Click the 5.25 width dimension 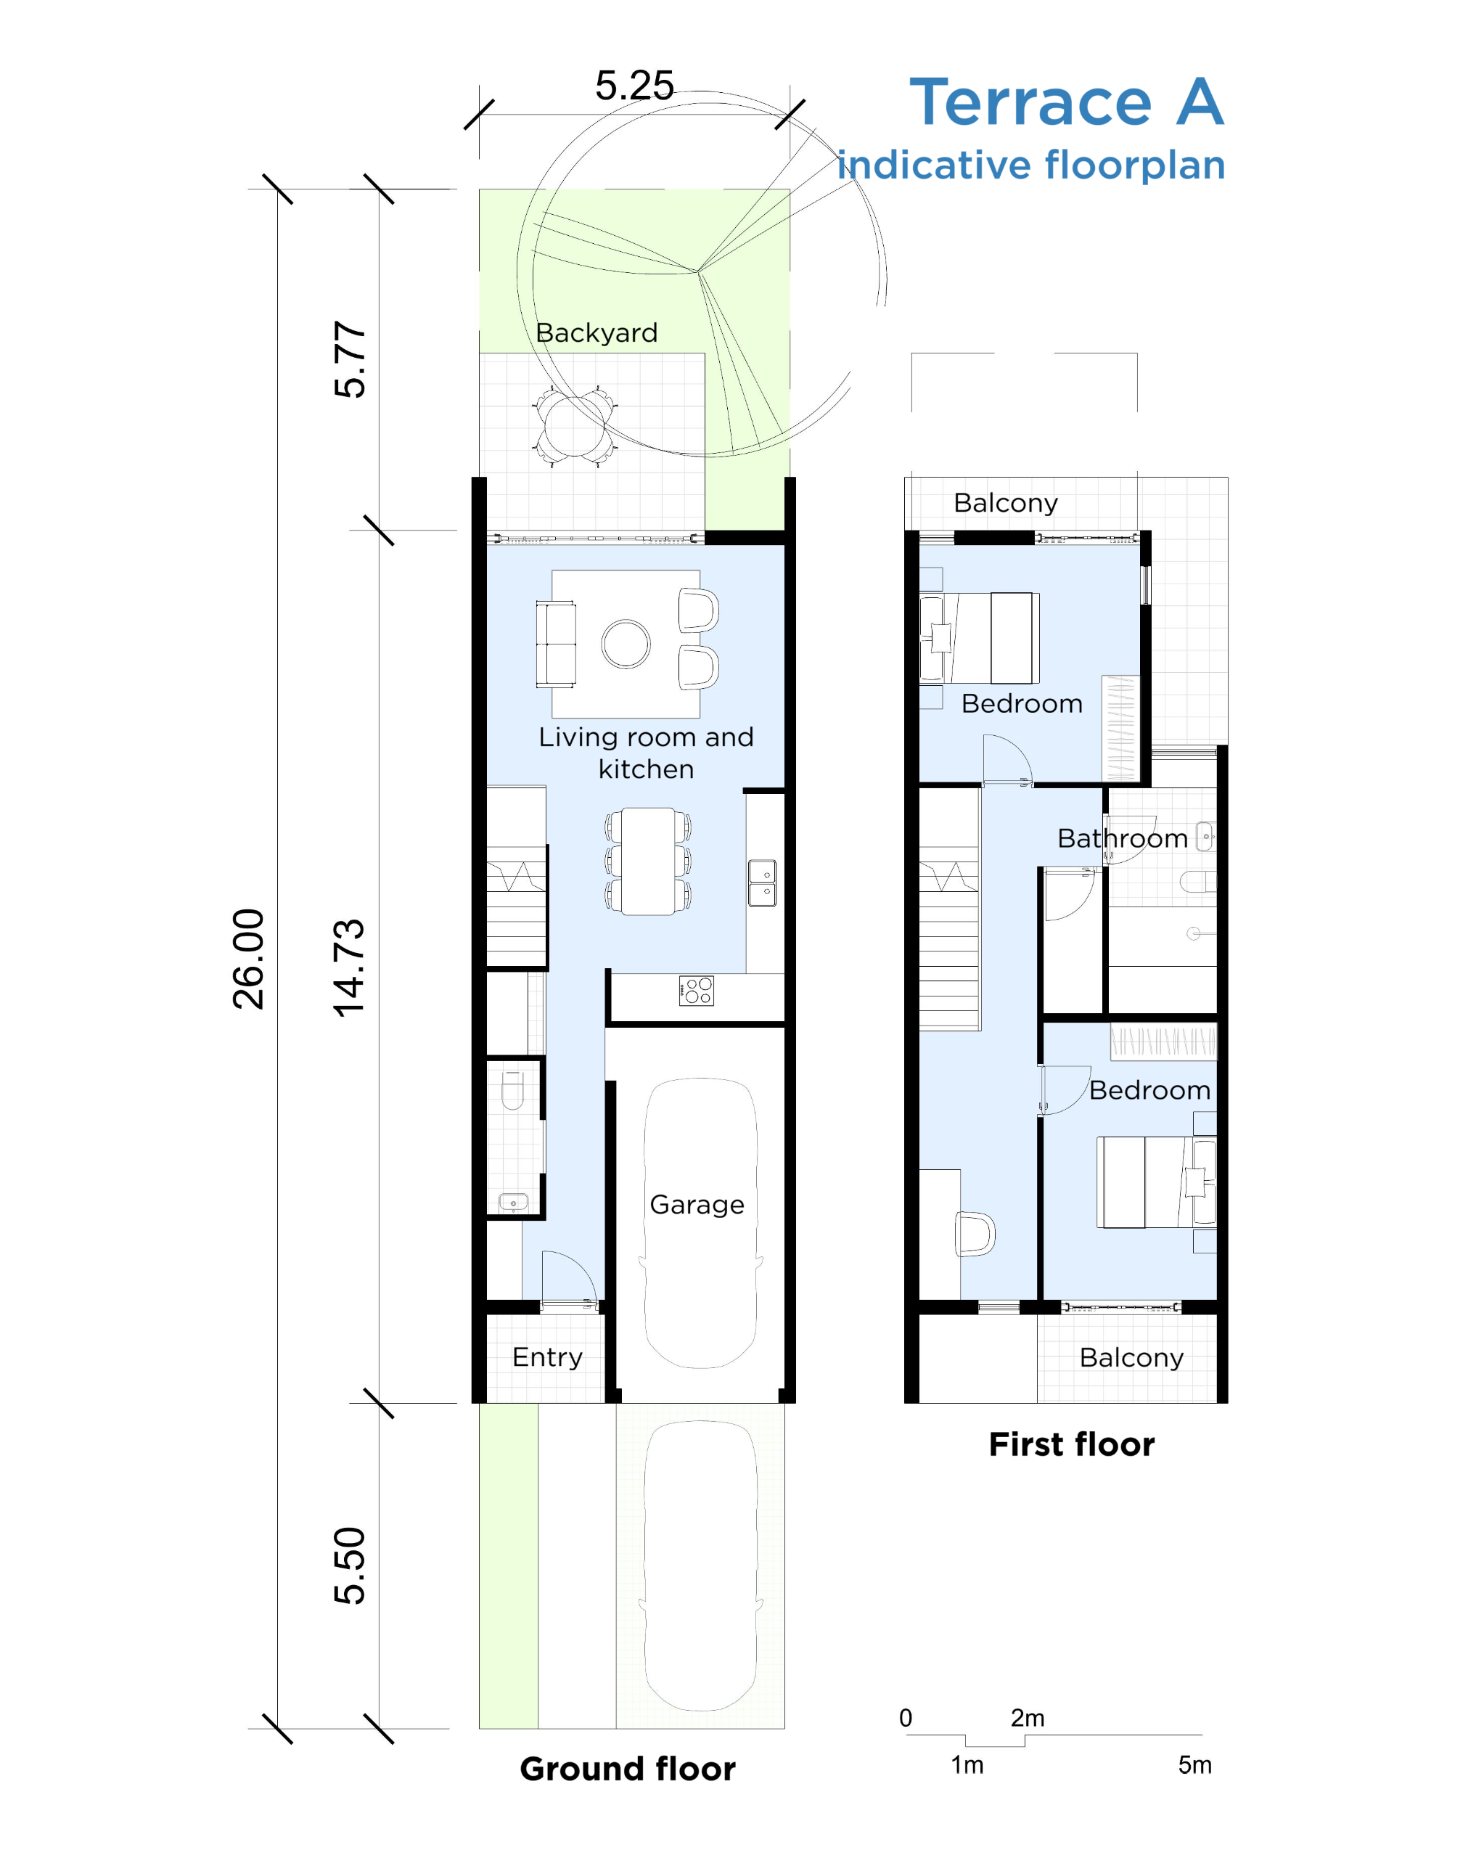click(634, 86)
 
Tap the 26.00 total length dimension click(249, 958)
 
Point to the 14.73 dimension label click(350, 967)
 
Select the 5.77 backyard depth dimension click(350, 359)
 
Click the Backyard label click(597, 332)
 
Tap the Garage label click(697, 1205)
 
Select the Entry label click(547, 1357)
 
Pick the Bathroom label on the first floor click(1122, 838)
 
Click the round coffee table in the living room click(626, 644)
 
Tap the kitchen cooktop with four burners click(697, 990)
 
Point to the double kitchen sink click(762, 883)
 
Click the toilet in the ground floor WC click(513, 1089)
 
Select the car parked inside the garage click(700, 1223)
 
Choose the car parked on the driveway click(700, 1565)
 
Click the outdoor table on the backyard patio click(574, 426)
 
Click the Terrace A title click(1067, 102)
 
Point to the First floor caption click(1071, 1444)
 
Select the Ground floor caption click(628, 1769)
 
